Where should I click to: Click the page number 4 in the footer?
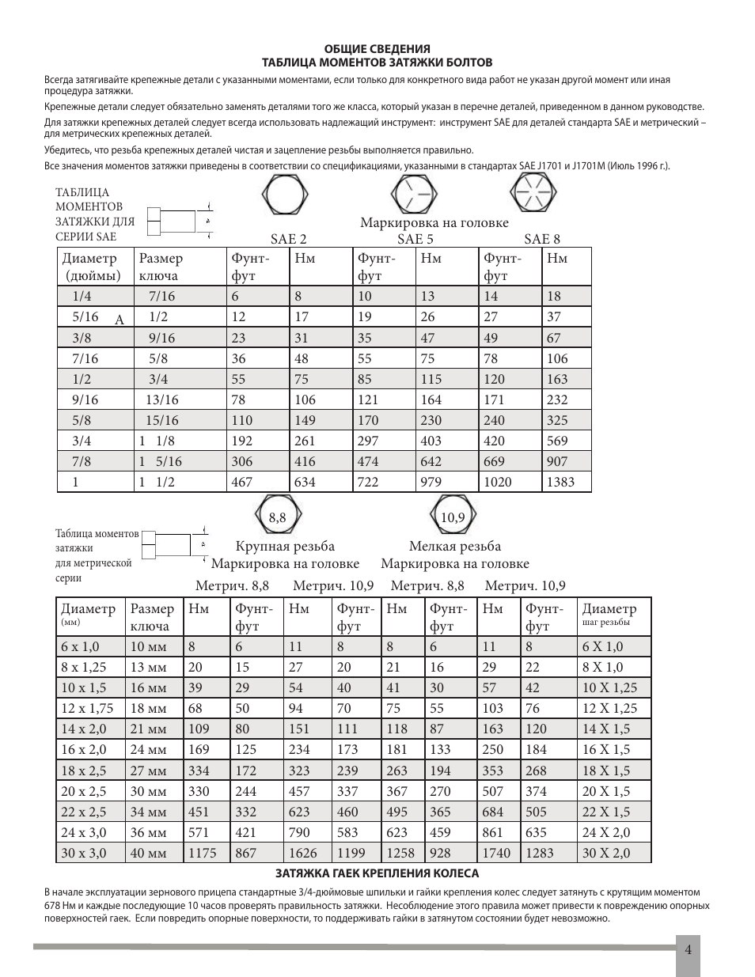point(689,950)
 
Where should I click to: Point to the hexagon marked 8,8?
point(276,517)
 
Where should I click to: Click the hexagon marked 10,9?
point(452,517)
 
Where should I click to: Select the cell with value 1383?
point(561,482)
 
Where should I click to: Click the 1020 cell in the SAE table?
point(498,482)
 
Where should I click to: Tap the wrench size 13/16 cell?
point(161,400)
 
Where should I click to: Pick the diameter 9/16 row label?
point(85,400)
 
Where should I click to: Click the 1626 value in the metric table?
point(303,853)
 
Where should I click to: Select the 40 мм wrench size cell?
point(149,853)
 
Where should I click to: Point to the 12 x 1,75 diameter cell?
point(87,708)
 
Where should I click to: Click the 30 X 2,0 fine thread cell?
point(606,853)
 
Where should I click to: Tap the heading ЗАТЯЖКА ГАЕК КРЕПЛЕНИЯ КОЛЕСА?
point(377,873)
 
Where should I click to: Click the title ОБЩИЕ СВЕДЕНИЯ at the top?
point(377,49)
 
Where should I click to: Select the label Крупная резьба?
point(285,546)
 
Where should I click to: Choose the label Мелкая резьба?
point(455,546)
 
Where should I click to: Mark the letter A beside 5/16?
point(120,320)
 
